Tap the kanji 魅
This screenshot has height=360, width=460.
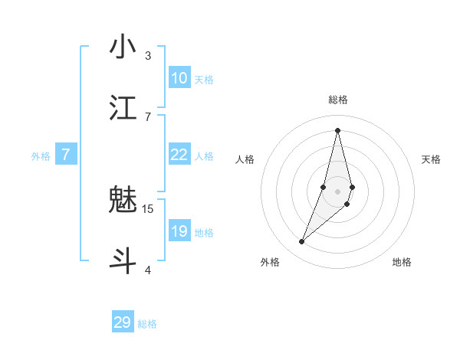(123, 201)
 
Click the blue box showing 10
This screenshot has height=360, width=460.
(179, 78)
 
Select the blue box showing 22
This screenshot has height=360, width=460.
(179, 155)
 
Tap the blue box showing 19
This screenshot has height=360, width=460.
(179, 231)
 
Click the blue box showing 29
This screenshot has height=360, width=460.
(123, 322)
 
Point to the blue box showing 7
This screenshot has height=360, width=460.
(66, 155)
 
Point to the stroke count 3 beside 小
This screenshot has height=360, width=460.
(148, 56)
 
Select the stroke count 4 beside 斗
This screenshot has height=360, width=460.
(148, 270)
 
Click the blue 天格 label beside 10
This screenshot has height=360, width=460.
(204, 80)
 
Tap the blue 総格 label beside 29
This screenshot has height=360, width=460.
(147, 324)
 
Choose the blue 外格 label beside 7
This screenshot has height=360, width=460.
(41, 156)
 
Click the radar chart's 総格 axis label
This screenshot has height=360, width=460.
(338, 100)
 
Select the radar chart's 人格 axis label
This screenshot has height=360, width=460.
(245, 159)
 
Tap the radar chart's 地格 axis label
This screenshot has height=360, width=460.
(402, 263)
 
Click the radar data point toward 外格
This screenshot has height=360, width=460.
(301, 242)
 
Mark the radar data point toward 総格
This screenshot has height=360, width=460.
(338, 129)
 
